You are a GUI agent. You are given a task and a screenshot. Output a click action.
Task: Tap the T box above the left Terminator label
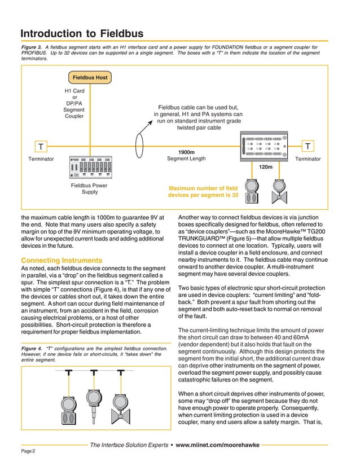[x=41, y=147]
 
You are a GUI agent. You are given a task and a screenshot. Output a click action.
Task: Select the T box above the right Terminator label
[x=307, y=147]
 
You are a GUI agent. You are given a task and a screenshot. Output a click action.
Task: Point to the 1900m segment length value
[x=186, y=152]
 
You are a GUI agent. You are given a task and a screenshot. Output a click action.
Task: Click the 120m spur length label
[x=266, y=168]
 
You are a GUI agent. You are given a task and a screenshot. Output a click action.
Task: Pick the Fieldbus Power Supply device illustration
[x=90, y=166]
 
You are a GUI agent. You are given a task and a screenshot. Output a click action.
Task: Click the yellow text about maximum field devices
[x=203, y=192]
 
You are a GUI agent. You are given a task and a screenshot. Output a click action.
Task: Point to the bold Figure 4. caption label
[x=32, y=348]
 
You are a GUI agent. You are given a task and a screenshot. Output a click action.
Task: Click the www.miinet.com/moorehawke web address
[x=217, y=445]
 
